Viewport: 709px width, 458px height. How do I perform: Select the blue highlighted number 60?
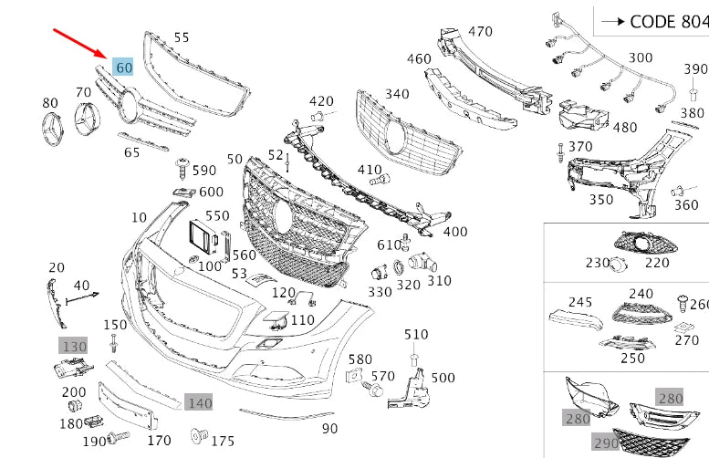[123, 67]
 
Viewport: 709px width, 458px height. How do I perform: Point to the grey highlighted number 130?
[74, 346]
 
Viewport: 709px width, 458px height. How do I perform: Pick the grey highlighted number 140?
[199, 401]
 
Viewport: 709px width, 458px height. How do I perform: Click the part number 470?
[481, 31]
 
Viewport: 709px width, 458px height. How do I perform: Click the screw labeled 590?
[182, 167]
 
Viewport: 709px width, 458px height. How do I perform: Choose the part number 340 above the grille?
[397, 93]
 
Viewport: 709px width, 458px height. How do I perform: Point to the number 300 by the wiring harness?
[641, 57]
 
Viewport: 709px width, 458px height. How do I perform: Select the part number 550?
[217, 215]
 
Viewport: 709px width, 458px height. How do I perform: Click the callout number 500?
[443, 378]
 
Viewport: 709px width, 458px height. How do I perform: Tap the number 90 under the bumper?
[329, 428]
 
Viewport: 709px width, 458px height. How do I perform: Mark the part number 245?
[580, 301]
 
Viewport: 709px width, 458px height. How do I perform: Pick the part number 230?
[597, 263]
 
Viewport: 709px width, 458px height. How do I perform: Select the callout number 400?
[455, 232]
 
